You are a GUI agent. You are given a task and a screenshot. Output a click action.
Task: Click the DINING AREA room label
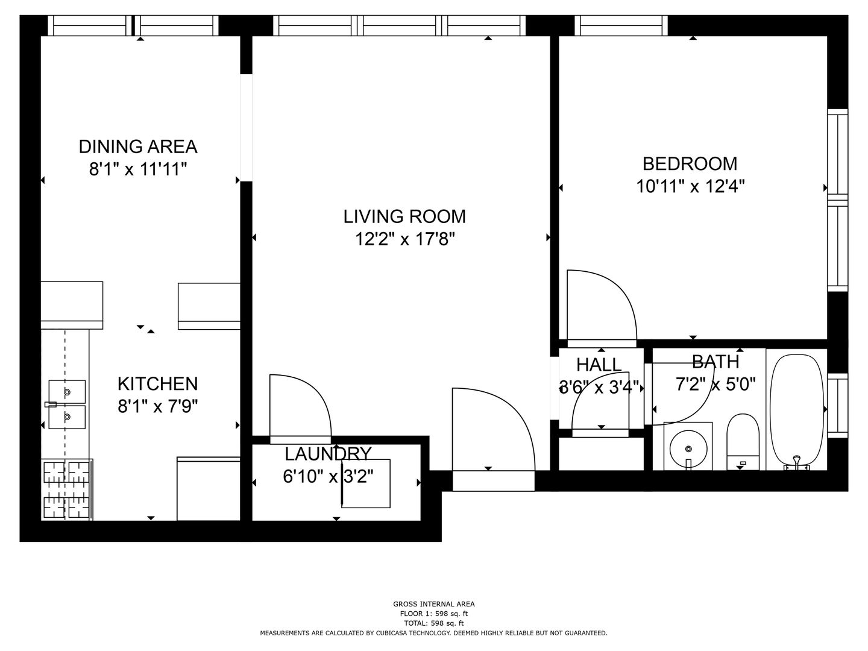point(138,146)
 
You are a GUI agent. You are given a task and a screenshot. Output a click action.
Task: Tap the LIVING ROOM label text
point(404,216)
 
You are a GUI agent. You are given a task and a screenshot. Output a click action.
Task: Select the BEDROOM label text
point(690,164)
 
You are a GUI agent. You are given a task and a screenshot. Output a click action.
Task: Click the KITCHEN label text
point(158,384)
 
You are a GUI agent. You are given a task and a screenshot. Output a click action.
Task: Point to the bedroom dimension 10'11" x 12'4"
point(690,186)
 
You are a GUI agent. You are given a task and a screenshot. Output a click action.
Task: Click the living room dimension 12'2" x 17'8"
point(404,239)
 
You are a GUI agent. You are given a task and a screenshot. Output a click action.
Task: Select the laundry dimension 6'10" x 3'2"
point(329,476)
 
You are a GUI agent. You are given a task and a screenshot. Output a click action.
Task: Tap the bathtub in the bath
point(797,412)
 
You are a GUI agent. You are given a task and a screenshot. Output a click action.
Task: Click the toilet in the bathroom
point(743,442)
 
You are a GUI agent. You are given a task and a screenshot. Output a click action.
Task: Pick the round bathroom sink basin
point(688,448)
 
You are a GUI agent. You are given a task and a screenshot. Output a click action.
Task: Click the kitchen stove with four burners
point(66,489)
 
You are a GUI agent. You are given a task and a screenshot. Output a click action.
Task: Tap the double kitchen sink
point(67,404)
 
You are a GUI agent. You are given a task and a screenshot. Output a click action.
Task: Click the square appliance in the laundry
point(366,483)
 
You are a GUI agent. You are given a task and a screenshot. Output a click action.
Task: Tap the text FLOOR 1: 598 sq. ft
point(434,614)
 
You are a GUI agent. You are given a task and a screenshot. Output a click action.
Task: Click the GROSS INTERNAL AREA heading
point(434,604)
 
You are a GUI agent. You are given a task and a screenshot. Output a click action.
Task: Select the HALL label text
point(599,365)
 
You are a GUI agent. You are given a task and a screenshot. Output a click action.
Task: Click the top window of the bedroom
point(621,26)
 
